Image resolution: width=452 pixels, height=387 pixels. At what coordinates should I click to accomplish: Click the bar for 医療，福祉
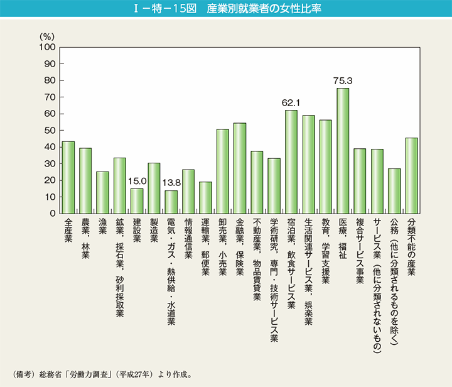(x=343, y=151)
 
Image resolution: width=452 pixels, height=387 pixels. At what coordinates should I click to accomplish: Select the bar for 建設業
(x=137, y=201)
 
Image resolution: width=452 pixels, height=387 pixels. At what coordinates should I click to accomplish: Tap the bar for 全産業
(x=68, y=178)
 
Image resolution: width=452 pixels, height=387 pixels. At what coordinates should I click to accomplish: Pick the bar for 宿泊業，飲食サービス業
(x=291, y=162)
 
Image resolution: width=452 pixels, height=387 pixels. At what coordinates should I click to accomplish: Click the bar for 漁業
(x=102, y=193)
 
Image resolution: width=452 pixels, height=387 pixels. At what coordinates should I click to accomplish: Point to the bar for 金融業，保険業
(x=240, y=168)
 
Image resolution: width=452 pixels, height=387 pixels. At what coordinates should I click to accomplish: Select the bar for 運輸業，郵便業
(x=205, y=198)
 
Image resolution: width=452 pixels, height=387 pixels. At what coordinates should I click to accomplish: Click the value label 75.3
(x=343, y=80)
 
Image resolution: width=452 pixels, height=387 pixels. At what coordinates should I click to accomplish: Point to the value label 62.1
(x=291, y=102)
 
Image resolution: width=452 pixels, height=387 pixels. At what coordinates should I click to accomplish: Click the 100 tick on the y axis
(x=48, y=47)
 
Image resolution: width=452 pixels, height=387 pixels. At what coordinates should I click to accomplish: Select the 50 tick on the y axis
(x=50, y=130)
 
